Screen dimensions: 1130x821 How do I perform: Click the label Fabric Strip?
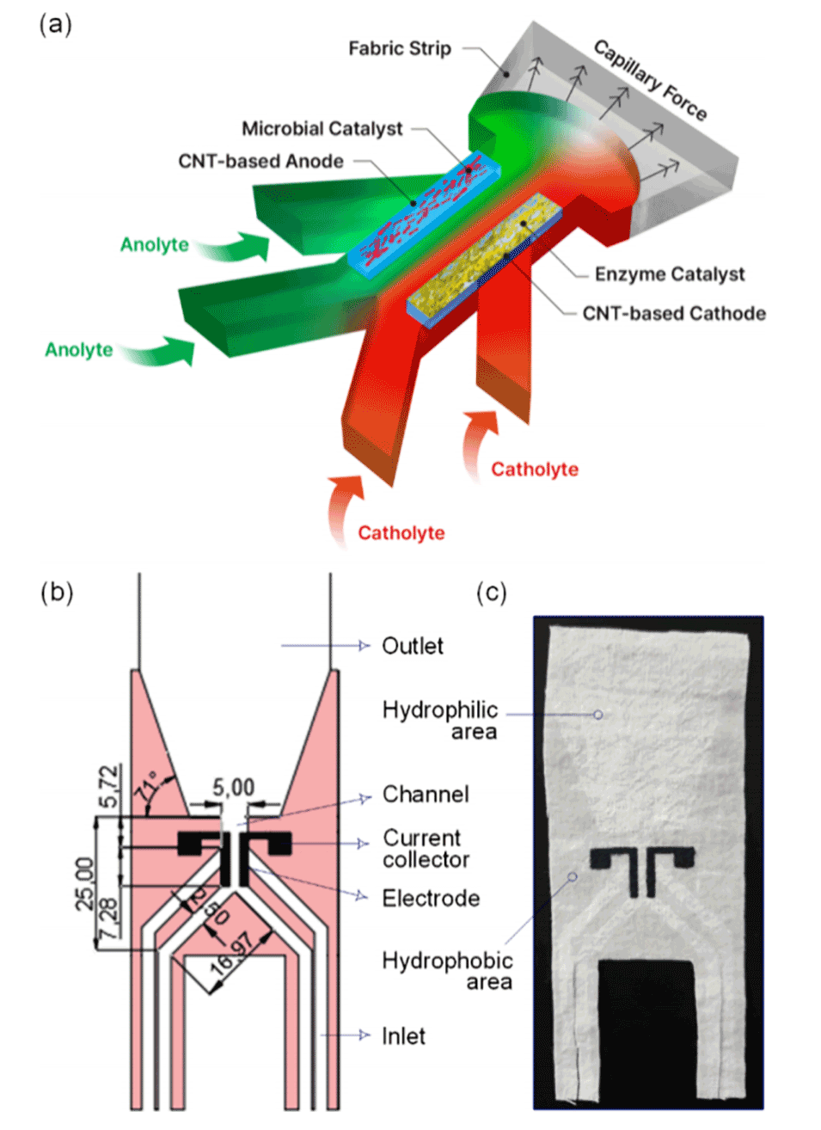(399, 49)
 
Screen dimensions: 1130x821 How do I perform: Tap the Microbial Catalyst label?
(322, 129)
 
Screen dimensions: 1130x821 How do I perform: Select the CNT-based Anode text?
(260, 162)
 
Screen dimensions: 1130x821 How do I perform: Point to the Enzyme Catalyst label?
(670, 274)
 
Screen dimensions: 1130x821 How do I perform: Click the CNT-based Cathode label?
(674, 314)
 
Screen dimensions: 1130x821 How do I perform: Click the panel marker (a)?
(56, 24)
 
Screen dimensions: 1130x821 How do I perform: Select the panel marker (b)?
(57, 593)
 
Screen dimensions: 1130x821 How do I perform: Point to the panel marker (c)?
(492, 593)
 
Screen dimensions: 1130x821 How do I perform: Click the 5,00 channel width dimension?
(233, 788)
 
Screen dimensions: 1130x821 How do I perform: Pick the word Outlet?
(413, 647)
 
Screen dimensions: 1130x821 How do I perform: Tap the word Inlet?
(403, 1036)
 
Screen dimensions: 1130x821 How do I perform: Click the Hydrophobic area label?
(447, 971)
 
